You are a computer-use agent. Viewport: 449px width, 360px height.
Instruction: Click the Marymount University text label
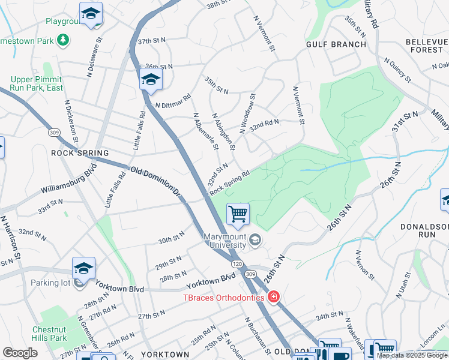[224, 240]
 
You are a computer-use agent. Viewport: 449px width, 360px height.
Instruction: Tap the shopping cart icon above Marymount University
[238, 214]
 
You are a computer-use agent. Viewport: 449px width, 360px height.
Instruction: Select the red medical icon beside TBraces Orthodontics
[274, 297]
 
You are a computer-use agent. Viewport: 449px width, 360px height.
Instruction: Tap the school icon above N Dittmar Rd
[151, 79]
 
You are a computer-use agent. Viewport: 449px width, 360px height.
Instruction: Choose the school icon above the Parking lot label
[83, 268]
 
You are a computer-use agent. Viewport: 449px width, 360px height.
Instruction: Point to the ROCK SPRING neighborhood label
[79, 153]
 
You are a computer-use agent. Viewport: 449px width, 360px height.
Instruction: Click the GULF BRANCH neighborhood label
[336, 44]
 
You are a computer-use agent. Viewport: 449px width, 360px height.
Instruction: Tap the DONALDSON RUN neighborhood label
[425, 231]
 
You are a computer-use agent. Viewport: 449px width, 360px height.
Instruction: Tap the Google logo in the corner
[20, 353]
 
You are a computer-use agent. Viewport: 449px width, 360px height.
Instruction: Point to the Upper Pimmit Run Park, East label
[37, 83]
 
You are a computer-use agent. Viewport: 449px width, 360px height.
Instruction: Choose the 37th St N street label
[151, 42]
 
